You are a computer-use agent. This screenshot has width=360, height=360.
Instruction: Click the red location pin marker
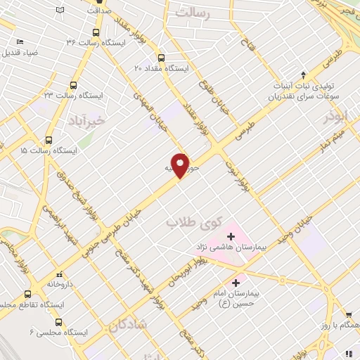click(x=181, y=165)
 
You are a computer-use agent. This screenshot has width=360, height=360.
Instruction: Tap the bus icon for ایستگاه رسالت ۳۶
click(x=97, y=32)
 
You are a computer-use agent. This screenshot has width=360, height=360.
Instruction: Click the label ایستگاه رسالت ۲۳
click(x=73, y=94)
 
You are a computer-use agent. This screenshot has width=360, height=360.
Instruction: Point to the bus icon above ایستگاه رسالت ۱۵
click(x=49, y=139)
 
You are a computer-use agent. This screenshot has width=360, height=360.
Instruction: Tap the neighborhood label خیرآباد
click(x=88, y=120)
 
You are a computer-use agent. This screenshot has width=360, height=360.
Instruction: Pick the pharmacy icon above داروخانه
click(x=59, y=272)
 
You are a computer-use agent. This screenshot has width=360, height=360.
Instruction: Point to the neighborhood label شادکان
click(x=127, y=324)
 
